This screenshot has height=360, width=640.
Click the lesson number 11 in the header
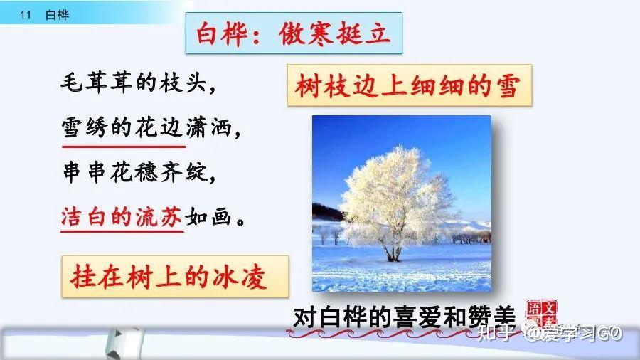26,15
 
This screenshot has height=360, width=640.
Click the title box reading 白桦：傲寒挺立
294,33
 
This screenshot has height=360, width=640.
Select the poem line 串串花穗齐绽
139,171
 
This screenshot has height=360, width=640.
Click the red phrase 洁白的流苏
121,216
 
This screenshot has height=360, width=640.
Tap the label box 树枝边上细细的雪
410,85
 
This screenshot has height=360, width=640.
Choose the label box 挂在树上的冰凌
175,276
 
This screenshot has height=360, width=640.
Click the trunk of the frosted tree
393,250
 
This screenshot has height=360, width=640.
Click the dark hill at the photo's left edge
326,212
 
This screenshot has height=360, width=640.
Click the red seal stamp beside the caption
542,313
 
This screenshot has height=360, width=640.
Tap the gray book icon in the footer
125,343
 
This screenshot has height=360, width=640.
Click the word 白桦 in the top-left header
58,15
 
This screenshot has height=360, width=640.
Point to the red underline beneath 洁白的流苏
122,231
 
